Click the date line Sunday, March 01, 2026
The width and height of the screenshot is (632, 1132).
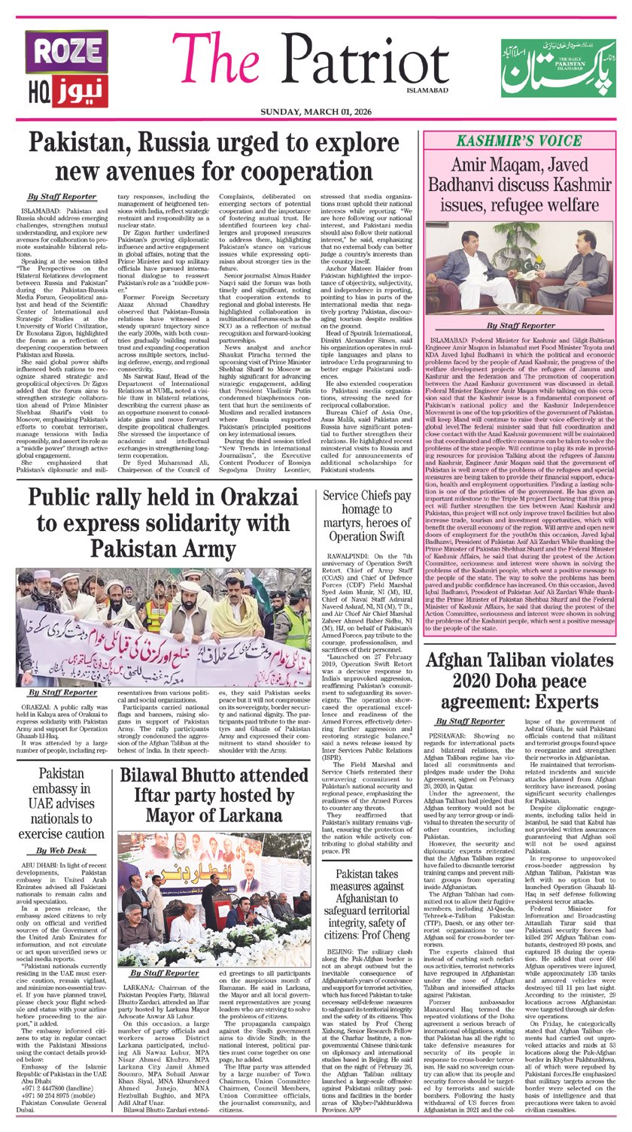[x=315, y=112]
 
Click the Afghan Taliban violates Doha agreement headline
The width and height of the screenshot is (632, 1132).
[x=521, y=684]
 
